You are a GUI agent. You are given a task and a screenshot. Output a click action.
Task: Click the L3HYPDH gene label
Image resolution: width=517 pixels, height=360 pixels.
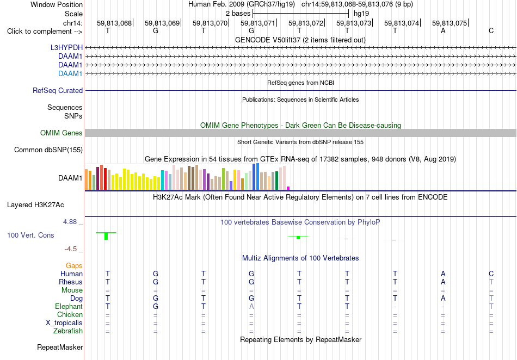pyautogui.click(x=66, y=47)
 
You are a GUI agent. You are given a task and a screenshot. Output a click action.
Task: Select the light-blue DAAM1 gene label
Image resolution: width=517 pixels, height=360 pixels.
pyautogui.click(x=70, y=73)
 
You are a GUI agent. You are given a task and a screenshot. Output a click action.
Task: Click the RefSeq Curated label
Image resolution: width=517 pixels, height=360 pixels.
pyautogui.click(x=58, y=91)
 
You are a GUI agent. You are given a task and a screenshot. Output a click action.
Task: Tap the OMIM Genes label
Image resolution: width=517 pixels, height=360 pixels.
pyautogui.click(x=61, y=133)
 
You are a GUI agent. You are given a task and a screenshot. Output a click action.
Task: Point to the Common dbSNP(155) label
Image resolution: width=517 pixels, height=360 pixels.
pyautogui.click(x=48, y=150)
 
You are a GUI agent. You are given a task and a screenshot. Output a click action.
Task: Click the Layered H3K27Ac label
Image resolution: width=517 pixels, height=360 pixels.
pyautogui.click(x=35, y=205)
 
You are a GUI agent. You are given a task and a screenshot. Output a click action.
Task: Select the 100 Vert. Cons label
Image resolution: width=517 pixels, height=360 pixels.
pyautogui.click(x=30, y=235)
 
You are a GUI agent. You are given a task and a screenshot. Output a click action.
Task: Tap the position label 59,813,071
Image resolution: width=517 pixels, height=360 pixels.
pyautogui.click(x=257, y=23)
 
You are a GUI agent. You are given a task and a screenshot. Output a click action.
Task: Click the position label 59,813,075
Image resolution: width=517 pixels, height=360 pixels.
pyautogui.click(x=450, y=23)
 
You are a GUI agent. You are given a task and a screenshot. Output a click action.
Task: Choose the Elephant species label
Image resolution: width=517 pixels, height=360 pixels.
pyautogui.click(x=69, y=306)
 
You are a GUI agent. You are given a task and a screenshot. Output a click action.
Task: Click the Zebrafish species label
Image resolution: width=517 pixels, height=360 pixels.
pyautogui.click(x=68, y=331)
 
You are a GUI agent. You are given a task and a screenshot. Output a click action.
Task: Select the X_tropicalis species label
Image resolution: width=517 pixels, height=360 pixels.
pyautogui.click(x=64, y=323)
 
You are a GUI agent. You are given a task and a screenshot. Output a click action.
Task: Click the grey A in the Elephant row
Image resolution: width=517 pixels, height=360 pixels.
pyautogui.click(x=251, y=306)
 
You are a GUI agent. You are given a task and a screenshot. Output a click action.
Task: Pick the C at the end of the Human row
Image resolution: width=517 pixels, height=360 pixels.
pyautogui.click(x=491, y=274)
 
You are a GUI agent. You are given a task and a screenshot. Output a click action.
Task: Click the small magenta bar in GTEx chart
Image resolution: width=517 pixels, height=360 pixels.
pyautogui.click(x=288, y=188)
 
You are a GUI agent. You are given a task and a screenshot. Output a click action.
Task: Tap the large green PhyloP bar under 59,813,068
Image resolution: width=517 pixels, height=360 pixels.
pyautogui.click(x=106, y=236)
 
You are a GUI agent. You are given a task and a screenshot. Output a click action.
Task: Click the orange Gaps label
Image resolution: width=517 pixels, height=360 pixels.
pyautogui.click(x=74, y=265)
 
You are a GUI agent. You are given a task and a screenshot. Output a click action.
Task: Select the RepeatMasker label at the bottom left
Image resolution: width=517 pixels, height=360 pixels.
pyautogui.click(x=60, y=347)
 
